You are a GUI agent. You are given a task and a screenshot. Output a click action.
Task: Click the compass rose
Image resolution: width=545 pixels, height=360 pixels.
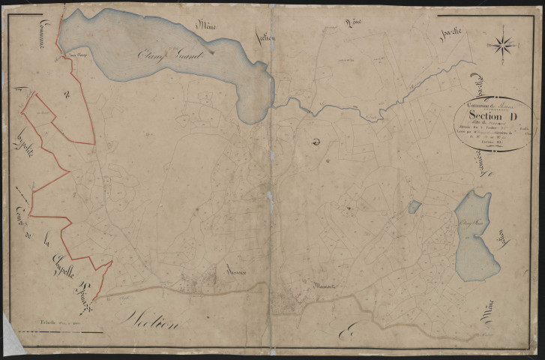pos(503,44)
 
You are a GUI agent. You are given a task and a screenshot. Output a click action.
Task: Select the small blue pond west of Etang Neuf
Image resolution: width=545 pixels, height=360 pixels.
pos(415,206)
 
